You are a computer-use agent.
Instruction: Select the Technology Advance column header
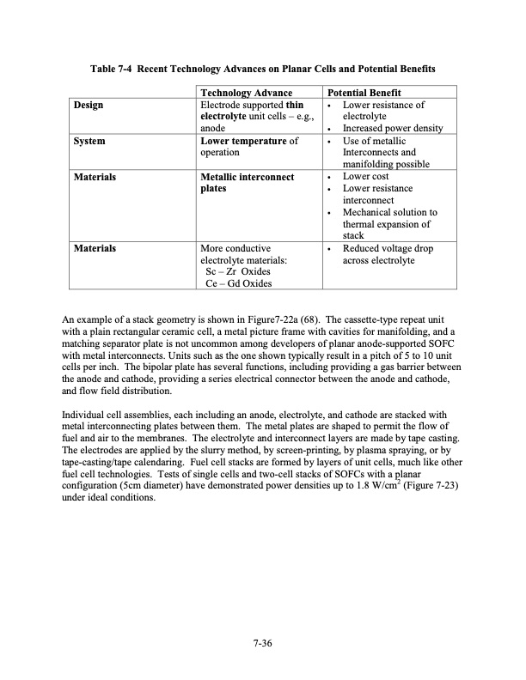coord(246,93)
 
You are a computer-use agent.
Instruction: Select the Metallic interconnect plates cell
coord(246,182)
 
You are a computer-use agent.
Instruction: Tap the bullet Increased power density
coord(392,129)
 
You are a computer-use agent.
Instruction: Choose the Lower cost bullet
coord(365,177)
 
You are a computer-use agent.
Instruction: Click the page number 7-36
coord(263,640)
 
